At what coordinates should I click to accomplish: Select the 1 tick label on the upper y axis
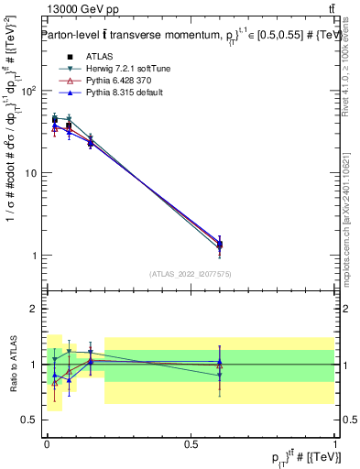pyautogui.click(x=36, y=256)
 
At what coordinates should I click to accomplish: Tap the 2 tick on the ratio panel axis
pyautogui.click(x=36, y=309)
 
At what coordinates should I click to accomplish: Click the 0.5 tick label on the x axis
pyautogui.click(x=191, y=444)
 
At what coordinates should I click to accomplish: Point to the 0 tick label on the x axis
pyautogui.click(x=47, y=444)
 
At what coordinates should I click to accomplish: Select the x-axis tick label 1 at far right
pyautogui.click(x=335, y=444)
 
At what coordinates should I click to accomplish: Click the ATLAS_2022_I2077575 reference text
pyautogui.click(x=190, y=274)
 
